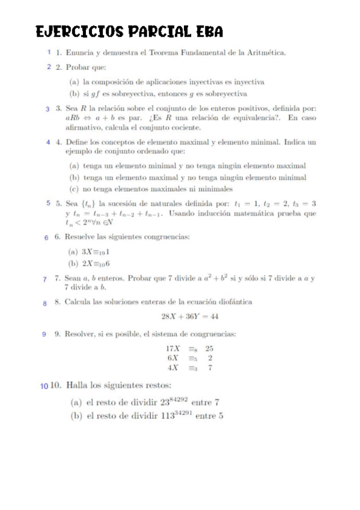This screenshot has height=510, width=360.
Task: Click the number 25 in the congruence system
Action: pyautogui.click(x=209, y=348)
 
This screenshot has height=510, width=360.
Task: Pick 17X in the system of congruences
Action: pyautogui.click(x=173, y=348)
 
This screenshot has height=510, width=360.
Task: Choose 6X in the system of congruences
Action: pyautogui.click(x=174, y=358)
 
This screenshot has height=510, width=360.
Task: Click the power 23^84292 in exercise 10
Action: pyautogui.click(x=174, y=401)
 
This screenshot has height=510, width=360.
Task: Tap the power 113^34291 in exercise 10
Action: pyautogui.click(x=177, y=415)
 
